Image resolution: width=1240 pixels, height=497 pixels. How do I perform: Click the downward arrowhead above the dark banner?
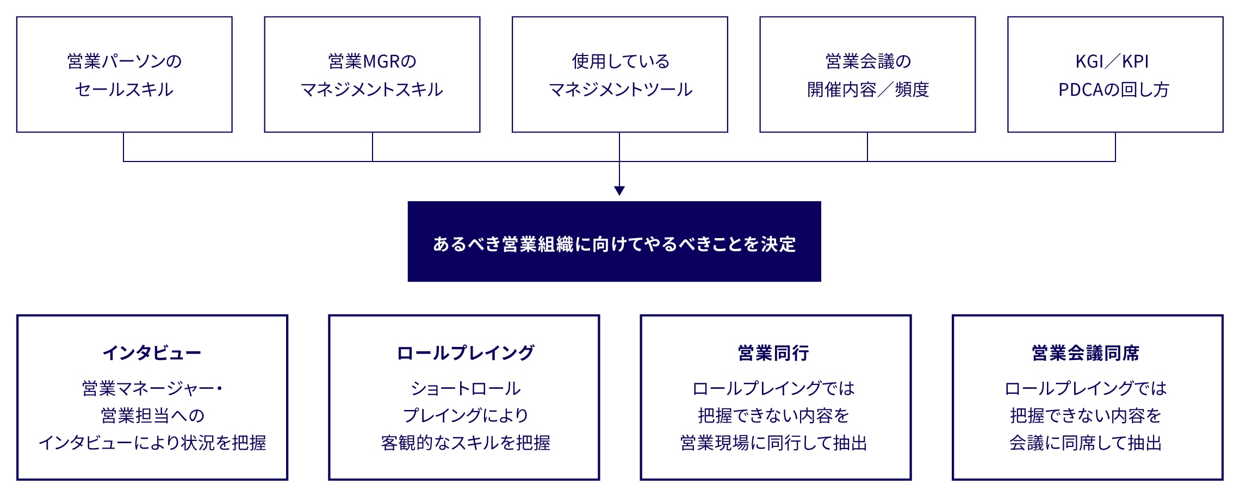click(619, 191)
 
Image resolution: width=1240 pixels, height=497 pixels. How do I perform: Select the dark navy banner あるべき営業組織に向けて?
click(614, 241)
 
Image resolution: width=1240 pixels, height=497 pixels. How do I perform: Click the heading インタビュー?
click(152, 353)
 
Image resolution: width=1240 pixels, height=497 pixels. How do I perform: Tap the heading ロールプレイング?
click(465, 353)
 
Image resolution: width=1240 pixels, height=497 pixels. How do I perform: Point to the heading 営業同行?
click(773, 353)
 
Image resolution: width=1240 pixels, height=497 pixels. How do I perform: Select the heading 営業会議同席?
click(1086, 353)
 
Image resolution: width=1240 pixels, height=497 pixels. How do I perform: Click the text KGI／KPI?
click(1112, 61)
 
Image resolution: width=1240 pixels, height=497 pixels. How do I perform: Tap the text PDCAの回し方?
click(1114, 90)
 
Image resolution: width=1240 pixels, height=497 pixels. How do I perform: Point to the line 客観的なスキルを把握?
click(466, 443)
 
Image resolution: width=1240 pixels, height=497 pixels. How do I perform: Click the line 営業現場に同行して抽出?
click(773, 443)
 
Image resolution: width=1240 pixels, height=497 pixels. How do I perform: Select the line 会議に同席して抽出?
click(1086, 443)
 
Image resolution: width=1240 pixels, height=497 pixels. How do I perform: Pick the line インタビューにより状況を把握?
click(152, 443)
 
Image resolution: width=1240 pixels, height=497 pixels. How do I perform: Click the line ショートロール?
click(466, 388)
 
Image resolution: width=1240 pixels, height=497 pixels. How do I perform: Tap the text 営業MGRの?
click(372, 61)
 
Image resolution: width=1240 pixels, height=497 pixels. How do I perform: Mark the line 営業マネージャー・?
click(152, 388)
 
